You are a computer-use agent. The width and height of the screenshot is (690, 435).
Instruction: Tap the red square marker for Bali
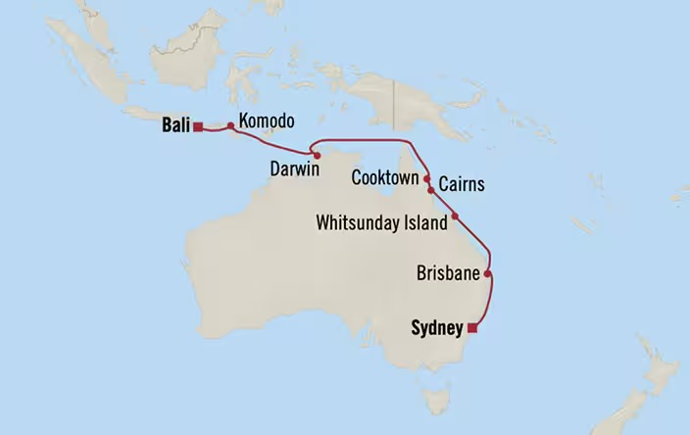point(198,126)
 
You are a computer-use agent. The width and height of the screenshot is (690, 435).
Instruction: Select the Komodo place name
point(266,121)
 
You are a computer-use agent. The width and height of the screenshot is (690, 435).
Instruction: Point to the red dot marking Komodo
point(231,125)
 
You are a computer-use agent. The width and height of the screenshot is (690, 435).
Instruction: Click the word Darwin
point(294,169)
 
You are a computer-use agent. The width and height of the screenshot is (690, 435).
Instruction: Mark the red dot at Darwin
point(317,155)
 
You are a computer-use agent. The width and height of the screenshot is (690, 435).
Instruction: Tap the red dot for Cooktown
point(426,179)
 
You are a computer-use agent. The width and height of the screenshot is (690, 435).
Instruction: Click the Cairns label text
point(461,184)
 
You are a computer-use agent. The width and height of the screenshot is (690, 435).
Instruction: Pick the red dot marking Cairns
point(430,191)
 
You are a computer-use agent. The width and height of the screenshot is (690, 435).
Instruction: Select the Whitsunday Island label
point(381,222)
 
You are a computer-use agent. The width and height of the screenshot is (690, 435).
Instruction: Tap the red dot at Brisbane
point(487,275)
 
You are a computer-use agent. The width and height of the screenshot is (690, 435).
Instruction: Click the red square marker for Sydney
point(471,328)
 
